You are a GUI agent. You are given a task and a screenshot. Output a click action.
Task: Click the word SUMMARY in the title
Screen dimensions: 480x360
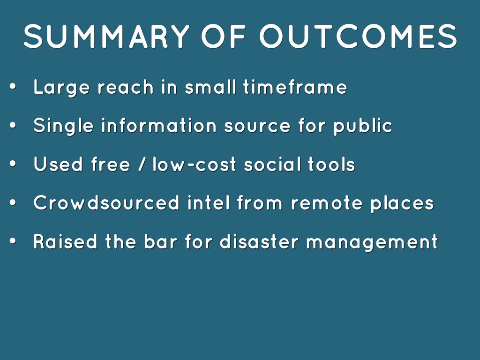pos(106,36)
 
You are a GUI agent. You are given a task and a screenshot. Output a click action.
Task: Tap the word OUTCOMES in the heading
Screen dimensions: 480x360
pos(359,36)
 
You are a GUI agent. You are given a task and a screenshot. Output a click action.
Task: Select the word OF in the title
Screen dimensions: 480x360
pos(224,36)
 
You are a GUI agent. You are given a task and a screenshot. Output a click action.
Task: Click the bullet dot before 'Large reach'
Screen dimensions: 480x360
pos(13,87)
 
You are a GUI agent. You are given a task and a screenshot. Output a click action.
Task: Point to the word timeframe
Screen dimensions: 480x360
pos(295,87)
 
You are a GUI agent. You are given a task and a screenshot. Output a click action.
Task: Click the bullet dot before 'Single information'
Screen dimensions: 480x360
pos(13,125)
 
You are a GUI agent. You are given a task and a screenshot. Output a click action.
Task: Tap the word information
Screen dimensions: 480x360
pos(159,125)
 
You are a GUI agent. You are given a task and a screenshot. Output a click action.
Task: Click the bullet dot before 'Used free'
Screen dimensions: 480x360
pos(13,164)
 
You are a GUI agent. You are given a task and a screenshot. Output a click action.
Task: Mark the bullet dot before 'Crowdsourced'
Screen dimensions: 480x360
pos(13,202)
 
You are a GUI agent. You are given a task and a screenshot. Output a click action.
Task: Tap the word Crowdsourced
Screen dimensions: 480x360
pos(106,202)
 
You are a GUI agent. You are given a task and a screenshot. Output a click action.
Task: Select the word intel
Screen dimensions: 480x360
pos(209,202)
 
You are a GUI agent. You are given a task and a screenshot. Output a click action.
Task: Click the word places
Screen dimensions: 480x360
pos(402,203)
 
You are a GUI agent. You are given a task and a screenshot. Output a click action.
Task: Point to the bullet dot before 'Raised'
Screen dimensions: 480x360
pos(13,241)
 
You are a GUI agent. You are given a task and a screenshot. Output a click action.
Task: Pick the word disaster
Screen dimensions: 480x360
pos(259,241)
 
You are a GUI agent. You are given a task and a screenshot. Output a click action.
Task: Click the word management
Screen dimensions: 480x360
pos(372,242)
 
